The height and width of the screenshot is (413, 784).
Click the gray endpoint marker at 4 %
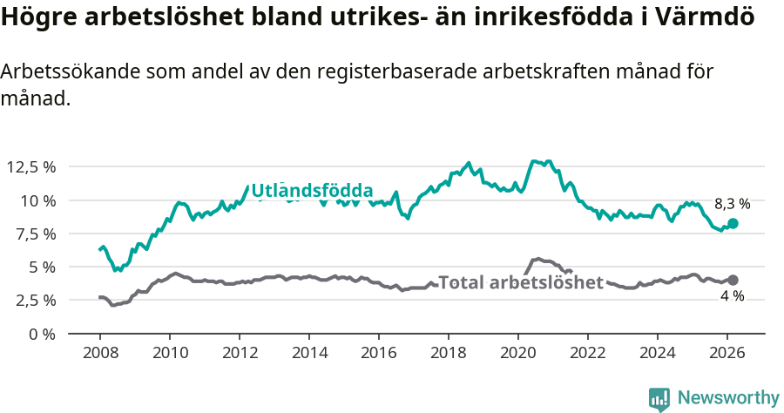(733, 280)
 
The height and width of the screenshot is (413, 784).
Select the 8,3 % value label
(732, 204)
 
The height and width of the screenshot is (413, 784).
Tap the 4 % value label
(732, 296)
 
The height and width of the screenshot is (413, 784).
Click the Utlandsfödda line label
(312, 191)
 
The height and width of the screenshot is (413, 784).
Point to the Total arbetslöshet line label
(521, 282)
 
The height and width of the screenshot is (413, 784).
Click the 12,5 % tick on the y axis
(31, 167)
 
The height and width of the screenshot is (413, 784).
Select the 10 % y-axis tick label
(37, 200)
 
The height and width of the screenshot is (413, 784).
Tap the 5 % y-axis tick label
(42, 267)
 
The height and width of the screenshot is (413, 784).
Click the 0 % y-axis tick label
(42, 334)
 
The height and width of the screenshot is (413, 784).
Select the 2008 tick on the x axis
(100, 353)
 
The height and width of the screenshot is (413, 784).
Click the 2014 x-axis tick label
(309, 353)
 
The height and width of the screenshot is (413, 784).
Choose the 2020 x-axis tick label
(518, 353)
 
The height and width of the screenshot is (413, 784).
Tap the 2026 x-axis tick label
(727, 353)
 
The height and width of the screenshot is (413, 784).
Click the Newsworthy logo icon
(659, 399)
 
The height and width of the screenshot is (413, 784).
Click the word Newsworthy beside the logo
(728, 398)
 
